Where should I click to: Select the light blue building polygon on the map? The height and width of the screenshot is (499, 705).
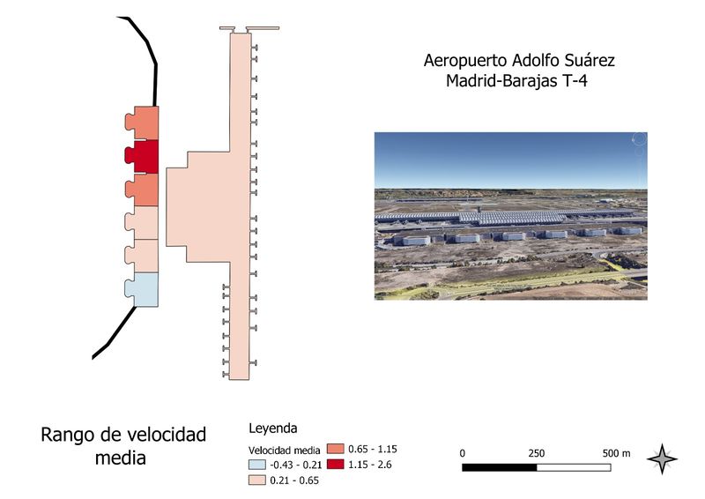coord(145,289)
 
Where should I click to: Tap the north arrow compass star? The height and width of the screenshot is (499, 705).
coord(662,459)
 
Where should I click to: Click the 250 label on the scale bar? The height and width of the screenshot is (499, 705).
coord(536,452)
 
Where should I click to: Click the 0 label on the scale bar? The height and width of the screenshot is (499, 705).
coord(464,452)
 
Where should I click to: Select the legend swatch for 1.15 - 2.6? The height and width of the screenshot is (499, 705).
coord(336,464)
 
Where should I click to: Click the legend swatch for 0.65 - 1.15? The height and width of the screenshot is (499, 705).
coord(336,448)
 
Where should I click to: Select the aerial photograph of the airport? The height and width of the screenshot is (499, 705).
coord(510,216)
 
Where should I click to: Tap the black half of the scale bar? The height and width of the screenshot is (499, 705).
coord(500,465)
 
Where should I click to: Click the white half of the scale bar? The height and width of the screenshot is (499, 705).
coord(575,465)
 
